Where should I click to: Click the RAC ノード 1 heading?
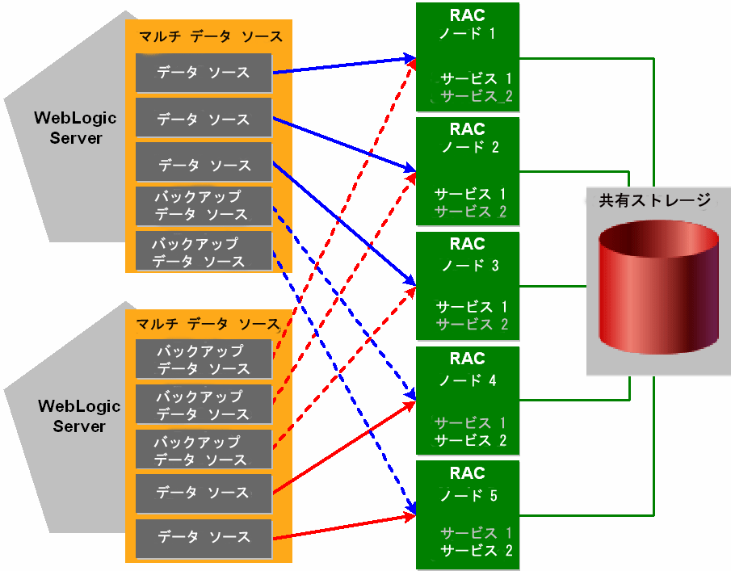(x=467, y=24)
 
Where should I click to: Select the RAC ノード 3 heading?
(x=468, y=254)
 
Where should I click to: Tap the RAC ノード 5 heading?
(x=468, y=484)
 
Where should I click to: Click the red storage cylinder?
(x=658, y=287)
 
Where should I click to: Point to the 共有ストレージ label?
(x=654, y=200)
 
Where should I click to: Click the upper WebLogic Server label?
(x=76, y=128)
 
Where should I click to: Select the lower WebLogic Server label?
(x=79, y=416)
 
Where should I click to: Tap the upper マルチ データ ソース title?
(x=211, y=36)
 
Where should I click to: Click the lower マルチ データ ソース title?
(x=208, y=324)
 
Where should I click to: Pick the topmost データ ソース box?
(x=204, y=73)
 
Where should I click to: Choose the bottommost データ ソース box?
(x=204, y=539)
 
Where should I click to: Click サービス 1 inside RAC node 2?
(x=470, y=194)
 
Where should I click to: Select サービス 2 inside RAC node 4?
(x=470, y=440)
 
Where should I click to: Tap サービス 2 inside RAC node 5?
(x=477, y=551)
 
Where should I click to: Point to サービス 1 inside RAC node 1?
(x=477, y=78)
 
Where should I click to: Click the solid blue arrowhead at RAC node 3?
(x=410, y=280)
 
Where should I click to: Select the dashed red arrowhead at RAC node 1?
(x=411, y=65)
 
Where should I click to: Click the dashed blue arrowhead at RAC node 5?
(x=411, y=506)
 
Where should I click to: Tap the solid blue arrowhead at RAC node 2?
(x=410, y=168)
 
